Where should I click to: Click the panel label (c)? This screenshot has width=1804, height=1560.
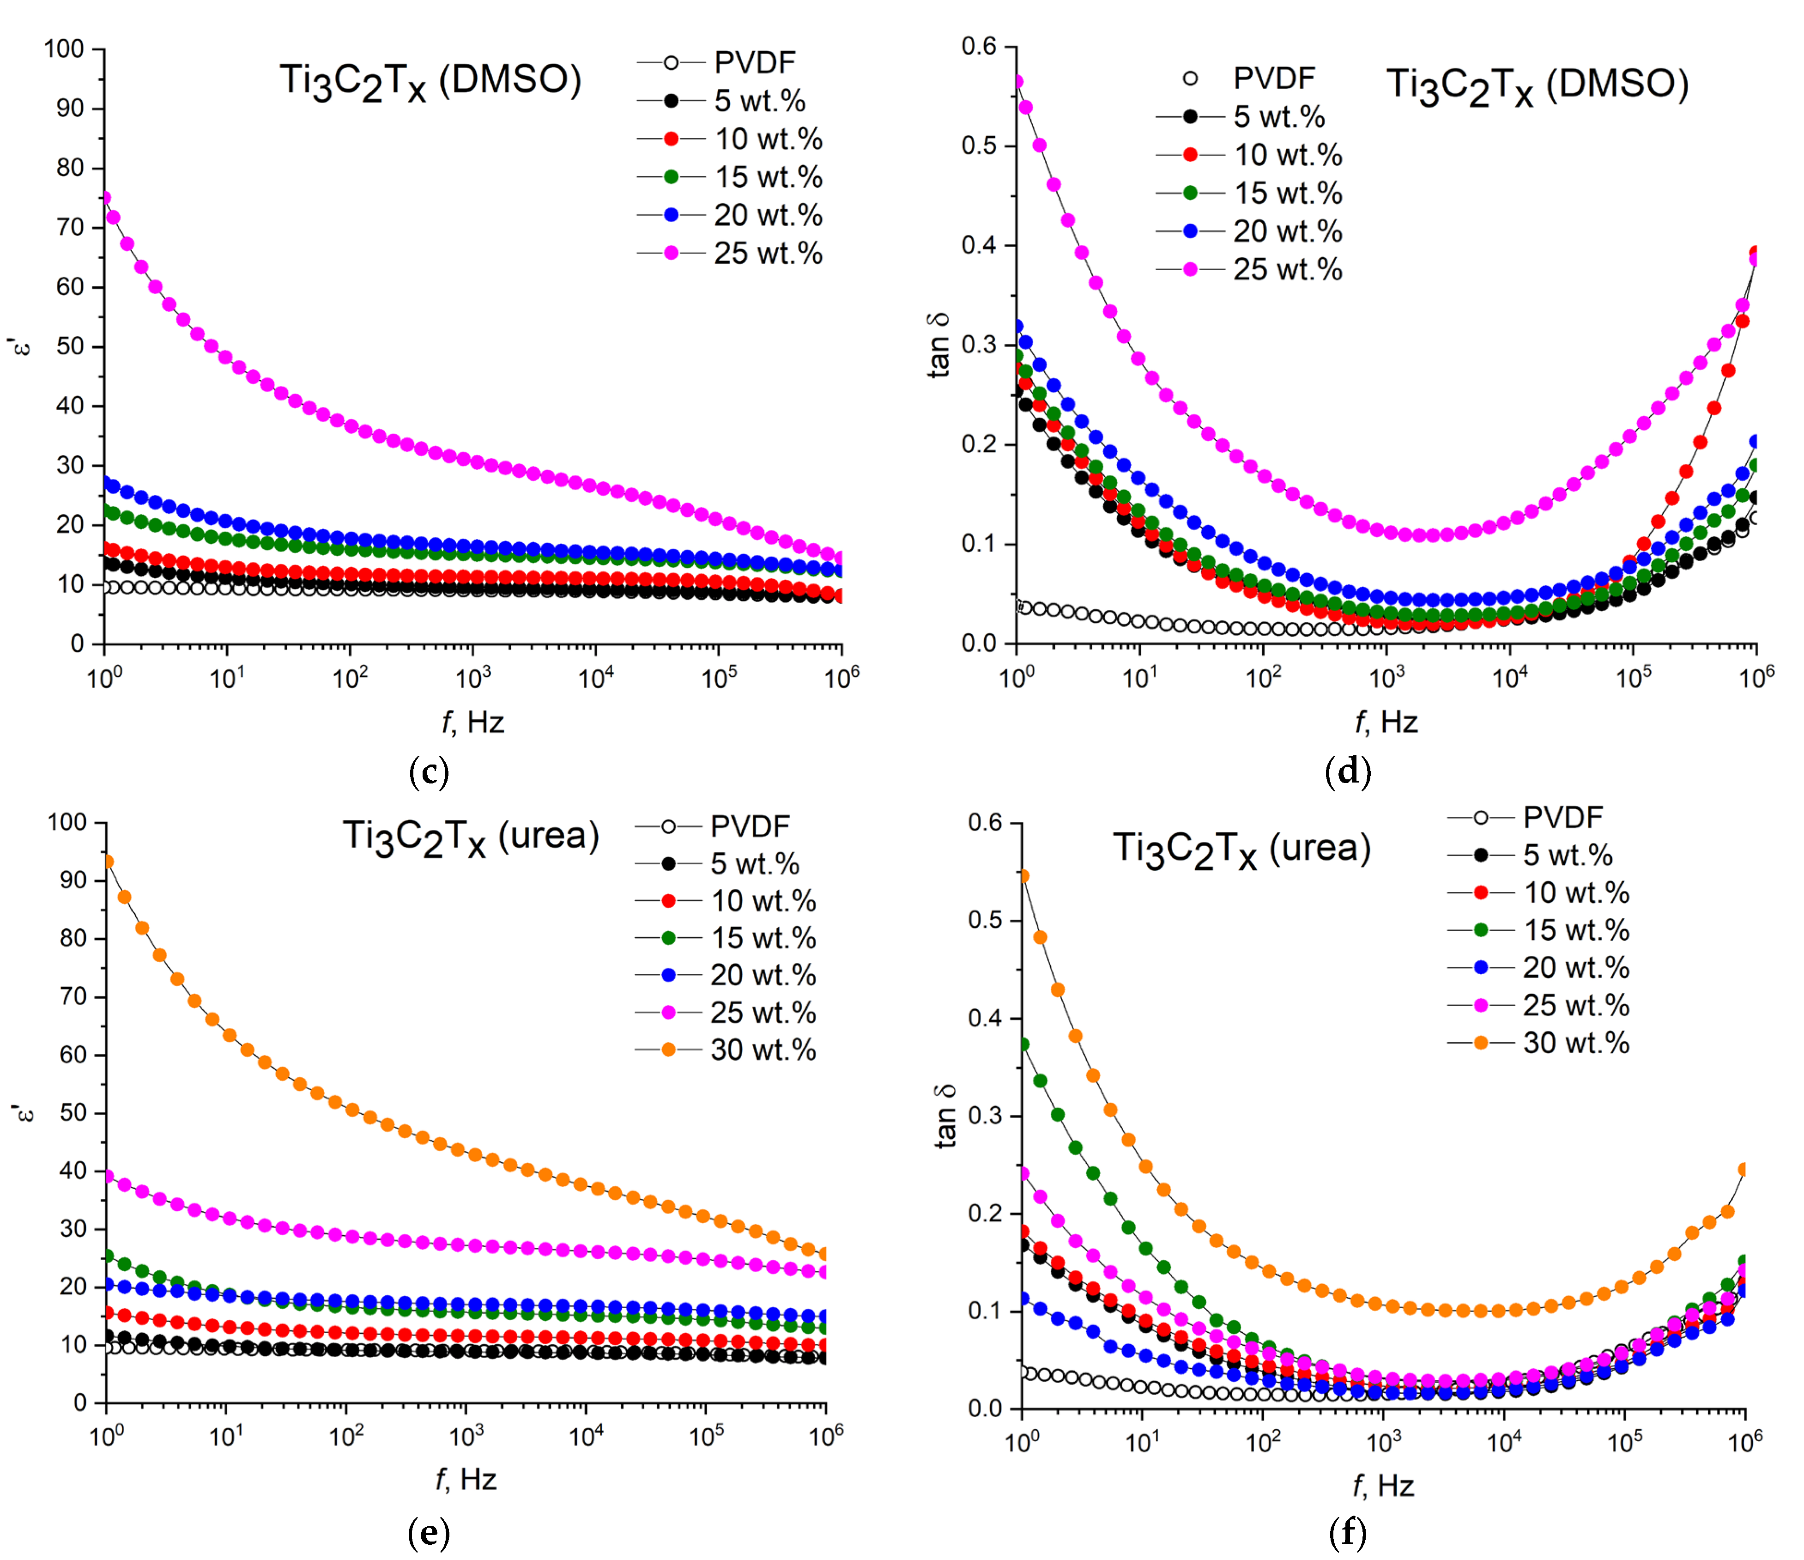coord(428,772)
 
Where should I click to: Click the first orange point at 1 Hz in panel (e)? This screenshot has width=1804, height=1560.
coord(107,862)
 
